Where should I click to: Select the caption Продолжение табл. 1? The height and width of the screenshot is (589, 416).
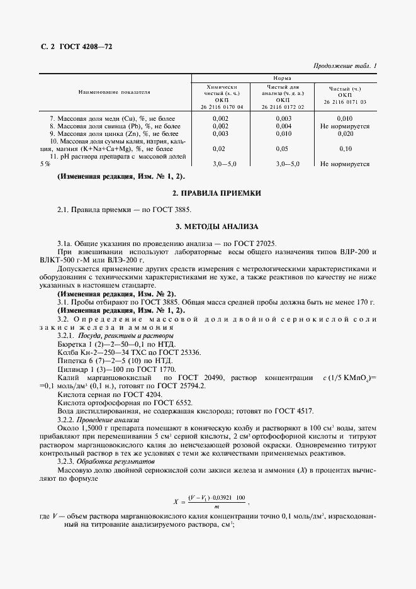(344, 66)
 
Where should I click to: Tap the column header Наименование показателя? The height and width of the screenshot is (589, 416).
(114, 92)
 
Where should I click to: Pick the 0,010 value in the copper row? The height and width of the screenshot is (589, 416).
(344, 118)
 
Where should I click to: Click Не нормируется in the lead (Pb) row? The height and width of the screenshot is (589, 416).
(344, 126)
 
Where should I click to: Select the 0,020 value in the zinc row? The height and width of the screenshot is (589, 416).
(344, 133)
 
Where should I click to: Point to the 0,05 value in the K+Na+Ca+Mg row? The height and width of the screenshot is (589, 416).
(283, 149)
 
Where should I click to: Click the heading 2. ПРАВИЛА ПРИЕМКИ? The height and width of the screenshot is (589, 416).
(208, 193)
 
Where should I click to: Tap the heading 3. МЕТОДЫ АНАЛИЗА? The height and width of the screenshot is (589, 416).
(208, 225)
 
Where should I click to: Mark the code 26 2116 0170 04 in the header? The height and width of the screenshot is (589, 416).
(221, 107)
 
